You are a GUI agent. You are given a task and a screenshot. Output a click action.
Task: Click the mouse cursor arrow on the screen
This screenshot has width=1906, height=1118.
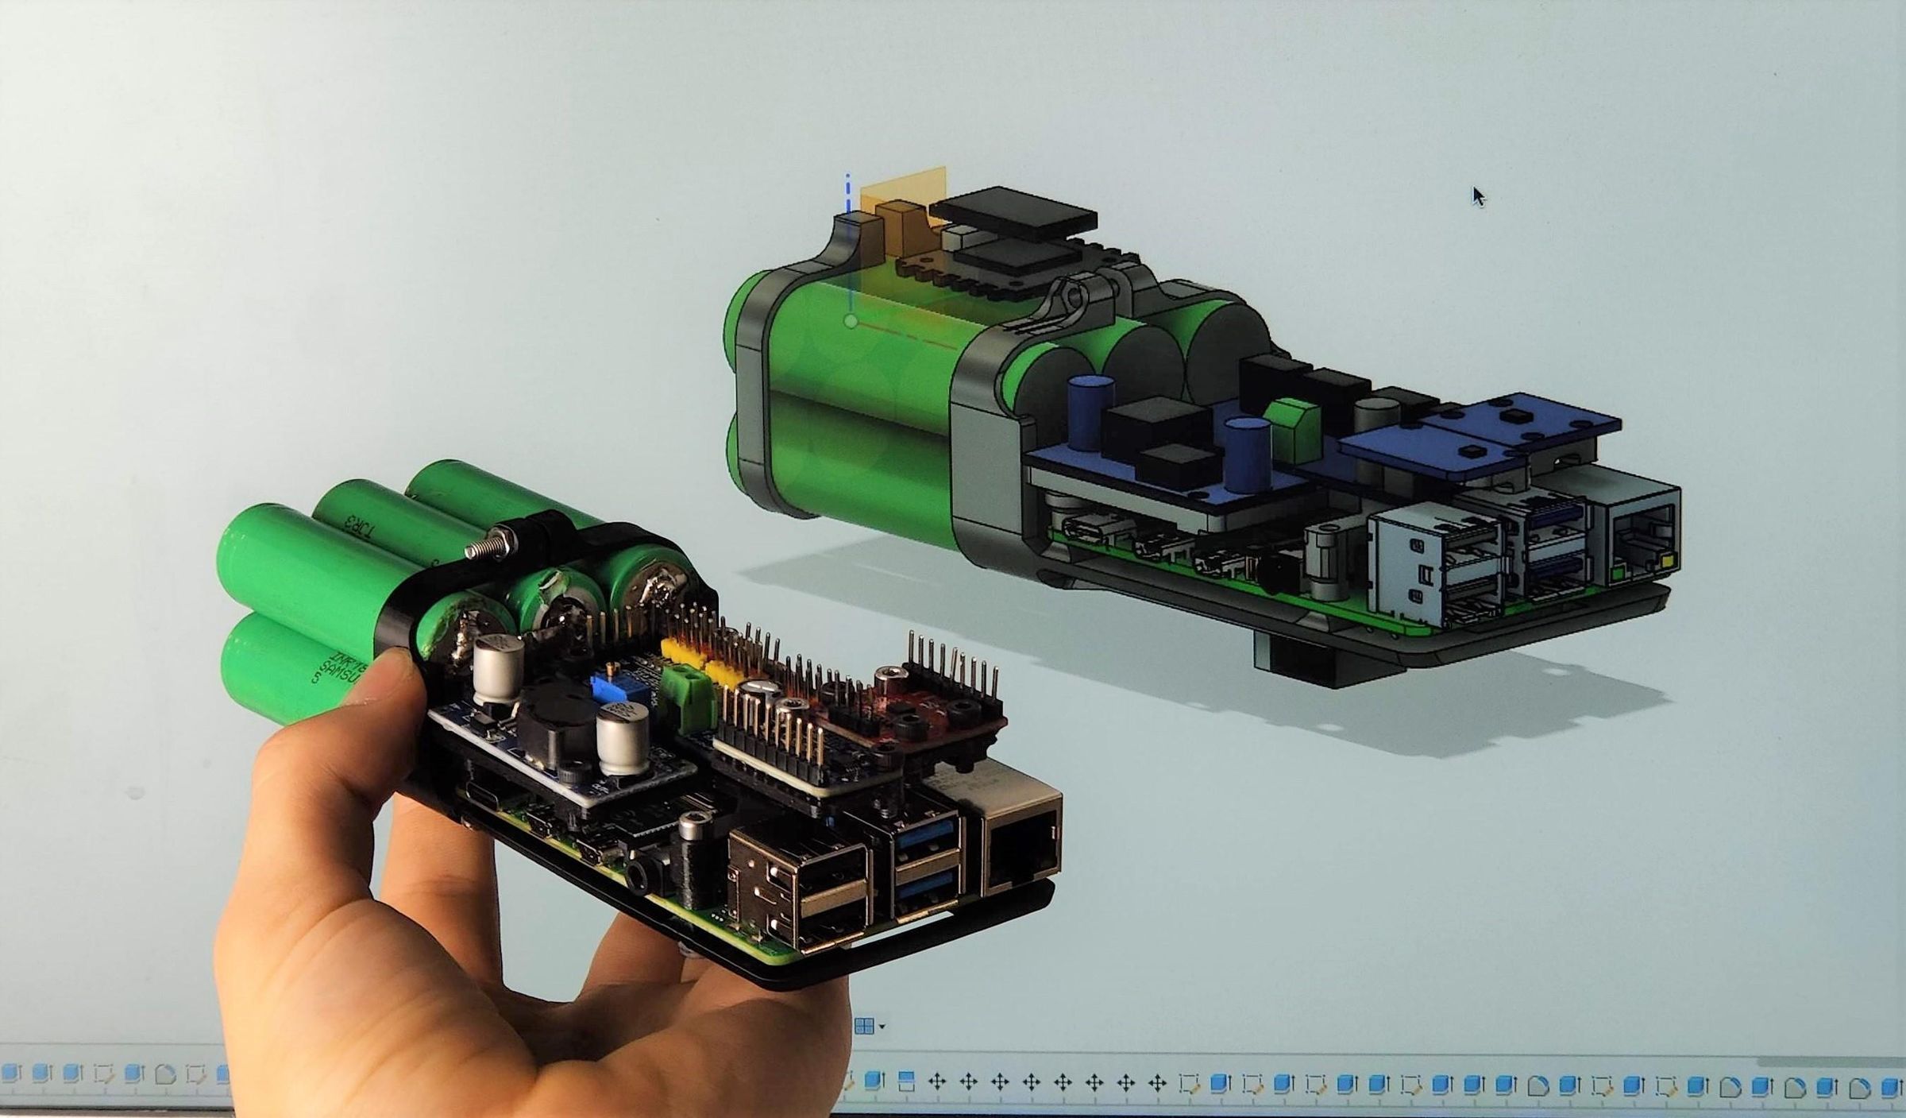1478,196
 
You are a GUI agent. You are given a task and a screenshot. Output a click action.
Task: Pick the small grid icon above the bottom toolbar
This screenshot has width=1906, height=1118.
865,1026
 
